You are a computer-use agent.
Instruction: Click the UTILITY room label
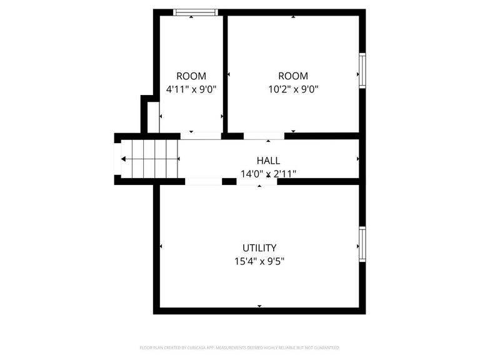(259, 247)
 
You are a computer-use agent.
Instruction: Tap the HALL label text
(268, 161)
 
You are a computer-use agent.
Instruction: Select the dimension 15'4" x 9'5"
(259, 261)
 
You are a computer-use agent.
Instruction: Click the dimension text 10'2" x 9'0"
(293, 89)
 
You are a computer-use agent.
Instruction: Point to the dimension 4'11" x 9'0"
(191, 89)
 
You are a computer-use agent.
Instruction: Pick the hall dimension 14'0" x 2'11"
(268, 174)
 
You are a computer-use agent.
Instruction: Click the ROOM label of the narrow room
(191, 76)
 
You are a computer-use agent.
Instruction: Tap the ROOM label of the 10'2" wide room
(293, 76)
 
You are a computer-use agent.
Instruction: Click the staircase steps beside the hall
(150, 159)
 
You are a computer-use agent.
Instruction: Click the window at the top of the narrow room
(195, 12)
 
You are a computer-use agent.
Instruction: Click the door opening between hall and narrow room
(201, 136)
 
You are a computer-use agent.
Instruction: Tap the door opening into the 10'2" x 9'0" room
(264, 136)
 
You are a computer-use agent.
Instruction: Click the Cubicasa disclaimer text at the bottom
(239, 347)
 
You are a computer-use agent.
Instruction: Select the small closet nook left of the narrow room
(152, 117)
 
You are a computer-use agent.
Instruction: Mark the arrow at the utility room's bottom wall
(259, 306)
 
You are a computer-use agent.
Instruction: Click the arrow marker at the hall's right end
(357, 159)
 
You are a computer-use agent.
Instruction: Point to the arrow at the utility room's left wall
(161, 247)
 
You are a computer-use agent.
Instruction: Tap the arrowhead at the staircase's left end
(123, 159)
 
